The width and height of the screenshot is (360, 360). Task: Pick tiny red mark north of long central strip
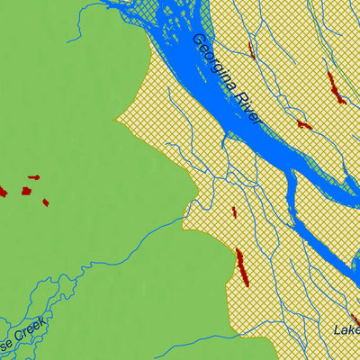tap(234, 212)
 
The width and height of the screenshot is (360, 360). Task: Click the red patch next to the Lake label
tap(355, 319)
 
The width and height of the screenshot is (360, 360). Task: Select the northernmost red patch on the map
tap(251, 49)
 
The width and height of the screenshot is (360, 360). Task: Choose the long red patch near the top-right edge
tap(335, 87)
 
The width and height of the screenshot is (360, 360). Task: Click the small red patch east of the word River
tap(304, 124)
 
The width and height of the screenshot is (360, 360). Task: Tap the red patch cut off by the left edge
tap(3, 191)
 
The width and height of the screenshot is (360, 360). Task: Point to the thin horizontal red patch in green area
tap(33, 177)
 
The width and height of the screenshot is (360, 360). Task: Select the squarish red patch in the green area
tap(26, 191)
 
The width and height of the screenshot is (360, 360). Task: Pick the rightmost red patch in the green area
tap(45, 202)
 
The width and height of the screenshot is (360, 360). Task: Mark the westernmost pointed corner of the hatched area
tap(114, 119)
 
